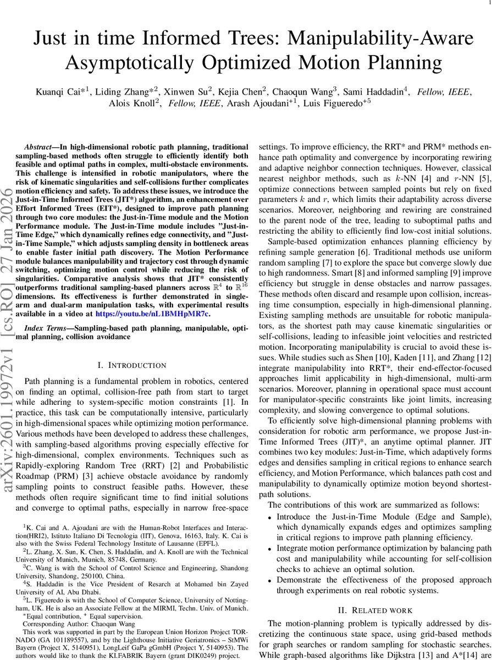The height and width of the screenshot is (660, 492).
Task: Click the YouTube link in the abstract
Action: pos(152,314)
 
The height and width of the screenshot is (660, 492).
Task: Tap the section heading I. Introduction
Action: pos(131,365)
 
